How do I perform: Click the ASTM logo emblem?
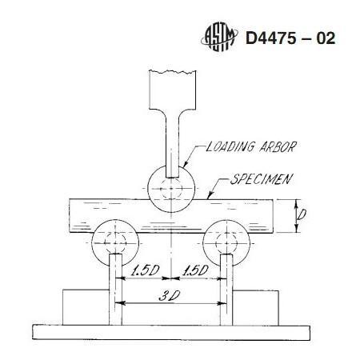[x=219, y=37]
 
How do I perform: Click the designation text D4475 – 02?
[x=290, y=38]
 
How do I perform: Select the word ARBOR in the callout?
[x=278, y=146]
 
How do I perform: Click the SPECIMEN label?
[x=262, y=179]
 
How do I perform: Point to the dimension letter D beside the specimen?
[x=302, y=214]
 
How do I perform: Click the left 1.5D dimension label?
[x=145, y=270]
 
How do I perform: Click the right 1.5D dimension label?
[x=194, y=270]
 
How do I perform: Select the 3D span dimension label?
[x=169, y=295]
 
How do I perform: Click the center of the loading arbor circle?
[x=171, y=189]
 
